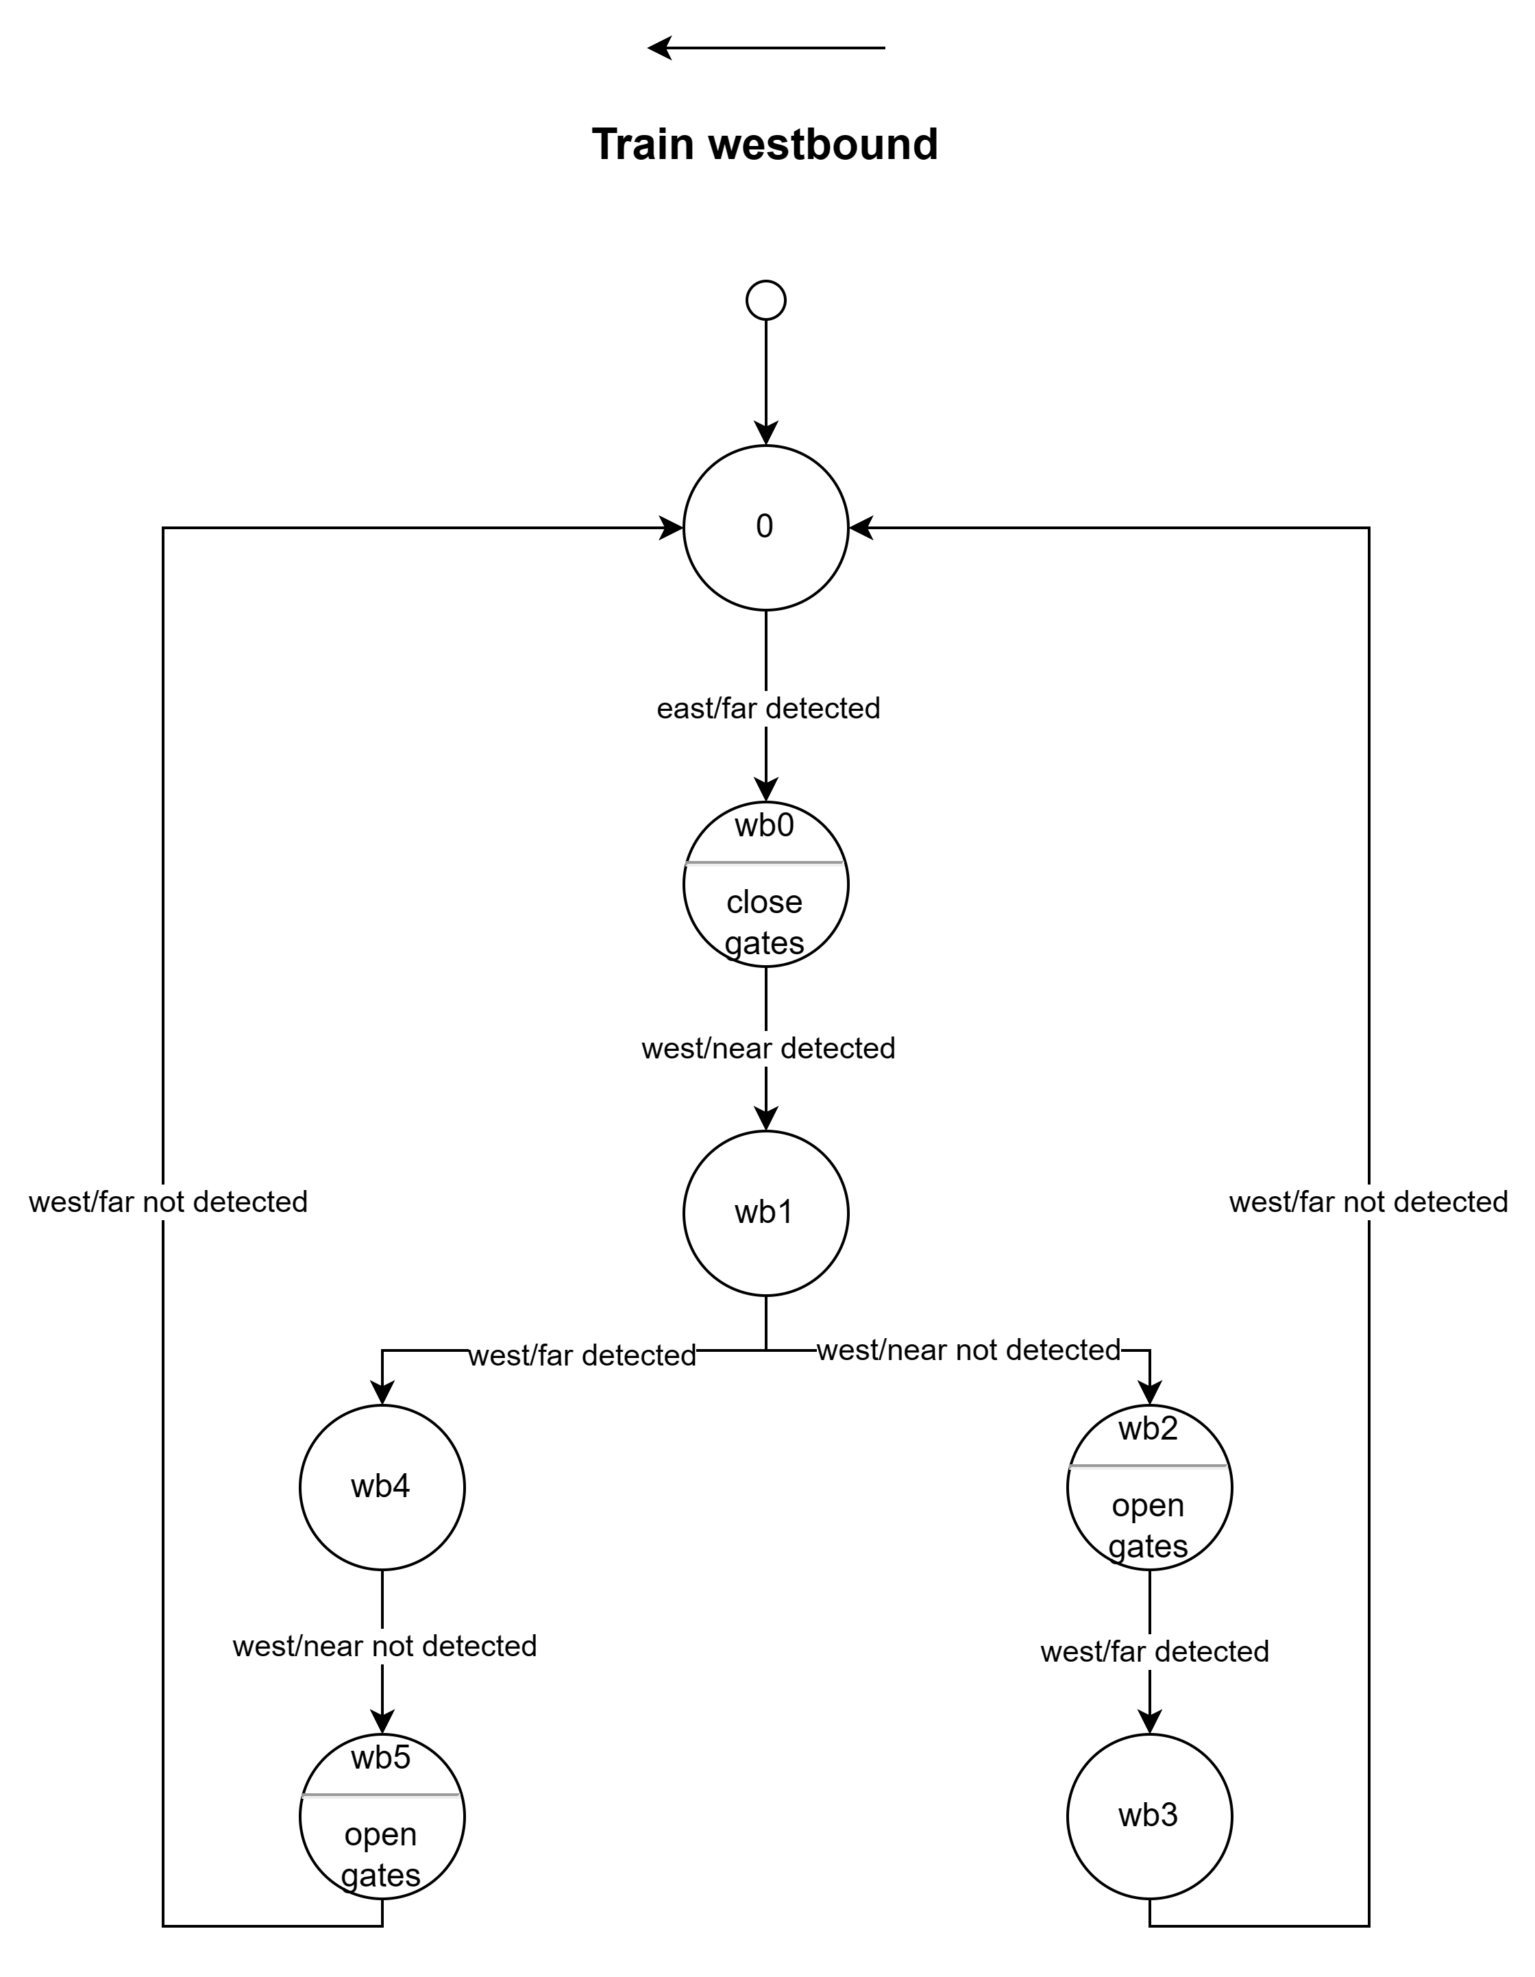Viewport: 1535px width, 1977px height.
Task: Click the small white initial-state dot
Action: pyautogui.click(x=765, y=300)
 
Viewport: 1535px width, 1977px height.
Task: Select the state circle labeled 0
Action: pyautogui.click(x=765, y=527)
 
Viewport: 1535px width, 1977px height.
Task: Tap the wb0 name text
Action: pyautogui.click(x=765, y=825)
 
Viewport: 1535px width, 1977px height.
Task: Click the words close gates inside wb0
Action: pyautogui.click(x=765, y=921)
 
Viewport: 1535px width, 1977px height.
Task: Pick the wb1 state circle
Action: pyautogui.click(x=765, y=1212)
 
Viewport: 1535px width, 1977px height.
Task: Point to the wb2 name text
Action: pyautogui.click(x=1149, y=1429)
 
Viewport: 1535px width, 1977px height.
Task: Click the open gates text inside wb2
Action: pyautogui.click(x=1149, y=1525)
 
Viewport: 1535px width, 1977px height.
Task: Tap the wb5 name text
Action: pyautogui.click(x=381, y=1757)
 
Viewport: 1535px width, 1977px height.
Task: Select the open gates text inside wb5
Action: pyautogui.click(x=381, y=1854)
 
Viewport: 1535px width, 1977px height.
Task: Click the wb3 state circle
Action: pyautogui.click(x=1149, y=1816)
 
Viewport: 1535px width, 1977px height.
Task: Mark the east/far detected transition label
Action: pyautogui.click(x=768, y=708)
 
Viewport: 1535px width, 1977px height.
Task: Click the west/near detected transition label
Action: pyautogui.click(x=768, y=1048)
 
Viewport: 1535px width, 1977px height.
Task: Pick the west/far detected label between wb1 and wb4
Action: pyautogui.click(x=582, y=1355)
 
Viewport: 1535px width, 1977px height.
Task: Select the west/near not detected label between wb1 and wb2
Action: pyautogui.click(x=968, y=1350)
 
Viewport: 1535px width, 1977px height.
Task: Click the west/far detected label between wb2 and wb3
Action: pyautogui.click(x=1155, y=1651)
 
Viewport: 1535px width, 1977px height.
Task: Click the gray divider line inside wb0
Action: pyautogui.click(x=765, y=862)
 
